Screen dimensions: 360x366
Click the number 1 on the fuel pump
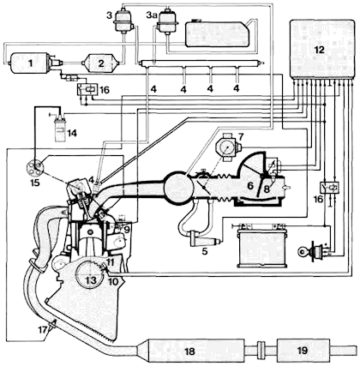(x=30, y=63)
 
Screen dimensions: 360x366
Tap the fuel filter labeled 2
(x=100, y=63)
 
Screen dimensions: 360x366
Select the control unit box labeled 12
(x=321, y=49)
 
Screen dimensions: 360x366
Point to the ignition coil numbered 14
(x=60, y=128)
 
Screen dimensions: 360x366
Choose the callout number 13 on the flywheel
(x=92, y=280)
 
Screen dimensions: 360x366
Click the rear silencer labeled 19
(x=303, y=351)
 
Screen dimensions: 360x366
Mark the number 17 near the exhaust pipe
(x=45, y=330)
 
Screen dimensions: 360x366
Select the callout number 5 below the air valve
(x=205, y=251)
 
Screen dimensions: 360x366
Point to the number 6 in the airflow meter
(x=250, y=186)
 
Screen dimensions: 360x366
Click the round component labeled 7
(x=228, y=147)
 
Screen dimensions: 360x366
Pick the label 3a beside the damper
(x=152, y=15)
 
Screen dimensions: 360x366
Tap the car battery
(x=261, y=245)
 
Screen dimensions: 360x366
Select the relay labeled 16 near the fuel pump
(x=87, y=89)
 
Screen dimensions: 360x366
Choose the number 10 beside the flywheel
(x=113, y=282)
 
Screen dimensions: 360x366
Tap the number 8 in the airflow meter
(x=267, y=189)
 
